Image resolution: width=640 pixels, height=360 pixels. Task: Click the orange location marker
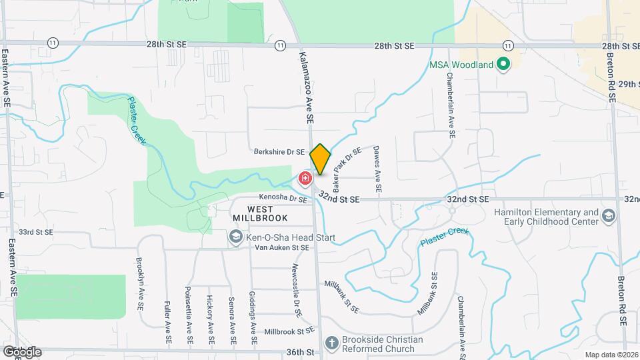coord(321,159)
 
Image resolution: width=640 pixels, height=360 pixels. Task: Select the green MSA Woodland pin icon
coord(504,65)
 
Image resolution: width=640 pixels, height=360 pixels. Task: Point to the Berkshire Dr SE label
coord(279,152)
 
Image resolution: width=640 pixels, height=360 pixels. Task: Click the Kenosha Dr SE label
coord(283,199)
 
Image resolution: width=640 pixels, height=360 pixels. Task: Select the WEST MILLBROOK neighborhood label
coord(261,213)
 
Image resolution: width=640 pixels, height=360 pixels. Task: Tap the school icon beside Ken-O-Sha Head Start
coord(235,237)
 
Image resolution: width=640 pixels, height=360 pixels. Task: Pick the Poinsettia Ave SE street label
coord(189,315)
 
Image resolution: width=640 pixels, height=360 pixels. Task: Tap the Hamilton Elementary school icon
coord(609,217)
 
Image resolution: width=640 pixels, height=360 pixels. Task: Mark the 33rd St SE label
coord(35,232)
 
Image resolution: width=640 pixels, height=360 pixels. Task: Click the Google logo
coord(21,351)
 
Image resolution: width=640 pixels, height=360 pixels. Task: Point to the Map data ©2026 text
coord(611,355)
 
